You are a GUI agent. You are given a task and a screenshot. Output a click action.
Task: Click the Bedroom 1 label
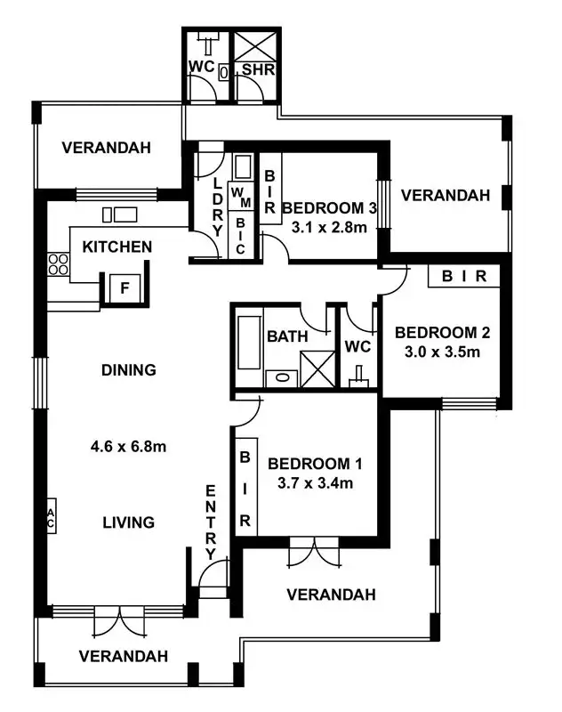pos(315,464)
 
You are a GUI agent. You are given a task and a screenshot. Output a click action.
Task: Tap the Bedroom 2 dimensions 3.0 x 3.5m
pos(442,352)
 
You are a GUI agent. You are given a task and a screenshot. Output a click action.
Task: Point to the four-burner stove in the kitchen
pos(58,264)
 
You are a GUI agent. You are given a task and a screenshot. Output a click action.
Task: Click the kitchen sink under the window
pos(118,214)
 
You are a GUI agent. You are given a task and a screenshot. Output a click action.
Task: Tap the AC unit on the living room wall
pos(51,518)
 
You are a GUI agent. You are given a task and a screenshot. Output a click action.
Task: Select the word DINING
pos(128,369)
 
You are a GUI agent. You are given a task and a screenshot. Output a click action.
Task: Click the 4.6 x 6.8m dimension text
pos(128,447)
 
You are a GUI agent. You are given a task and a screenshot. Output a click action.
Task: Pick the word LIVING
pos(128,522)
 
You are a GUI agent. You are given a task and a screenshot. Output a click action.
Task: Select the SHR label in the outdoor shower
pos(257,69)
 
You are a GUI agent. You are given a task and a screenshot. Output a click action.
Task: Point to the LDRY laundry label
pos(216,204)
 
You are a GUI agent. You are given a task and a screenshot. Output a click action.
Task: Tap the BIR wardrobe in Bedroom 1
pos(245,487)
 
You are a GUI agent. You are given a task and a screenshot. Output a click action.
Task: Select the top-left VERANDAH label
pos(106,148)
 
